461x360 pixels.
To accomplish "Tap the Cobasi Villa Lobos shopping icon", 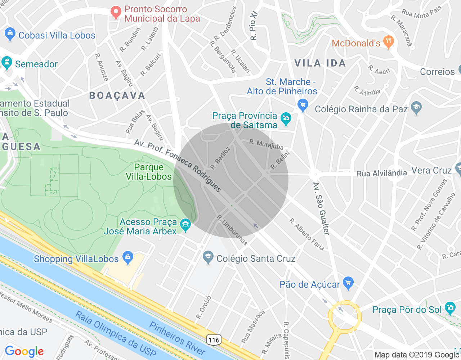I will (x=10, y=35).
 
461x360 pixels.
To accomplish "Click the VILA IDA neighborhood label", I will (x=320, y=63).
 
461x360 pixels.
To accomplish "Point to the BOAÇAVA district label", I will (x=117, y=95).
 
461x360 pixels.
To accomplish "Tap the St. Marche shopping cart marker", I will (x=303, y=105).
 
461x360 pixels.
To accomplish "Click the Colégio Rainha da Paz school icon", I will (x=416, y=108).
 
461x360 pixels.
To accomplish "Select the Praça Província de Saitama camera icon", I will (x=286, y=119).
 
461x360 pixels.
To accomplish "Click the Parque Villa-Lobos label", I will (x=149, y=172).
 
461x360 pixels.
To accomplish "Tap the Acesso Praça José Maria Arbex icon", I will (x=185, y=225).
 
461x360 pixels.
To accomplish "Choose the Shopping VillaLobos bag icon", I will (x=127, y=257).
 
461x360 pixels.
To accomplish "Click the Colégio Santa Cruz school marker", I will (x=208, y=257).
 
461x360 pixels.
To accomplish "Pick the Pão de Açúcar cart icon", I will (x=348, y=283).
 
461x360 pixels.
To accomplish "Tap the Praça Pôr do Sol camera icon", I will (x=450, y=308).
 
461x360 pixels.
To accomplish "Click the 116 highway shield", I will (x=214, y=340).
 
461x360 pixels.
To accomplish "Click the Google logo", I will (x=24, y=351).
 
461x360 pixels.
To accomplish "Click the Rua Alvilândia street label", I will (x=382, y=174).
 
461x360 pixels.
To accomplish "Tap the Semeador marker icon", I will (x=7, y=63).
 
